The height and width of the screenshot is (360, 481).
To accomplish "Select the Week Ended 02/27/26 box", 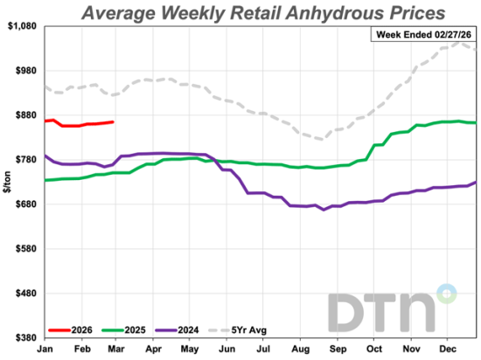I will point(423,34).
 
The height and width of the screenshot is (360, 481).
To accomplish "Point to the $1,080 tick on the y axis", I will point(21,26).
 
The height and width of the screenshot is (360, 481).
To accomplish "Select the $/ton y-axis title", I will point(7,182).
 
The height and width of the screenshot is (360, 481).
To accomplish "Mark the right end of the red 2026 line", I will point(113,121).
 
